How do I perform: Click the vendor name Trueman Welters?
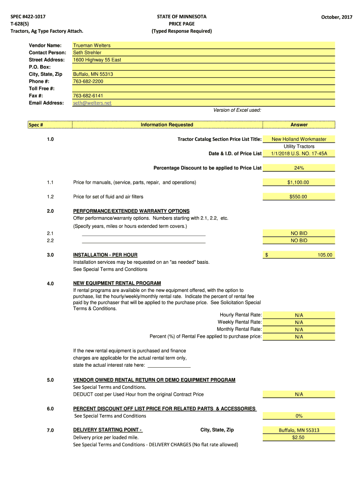(92, 45)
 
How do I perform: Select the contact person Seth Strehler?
(87, 52)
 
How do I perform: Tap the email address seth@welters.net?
(92, 103)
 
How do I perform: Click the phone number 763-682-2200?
(88, 81)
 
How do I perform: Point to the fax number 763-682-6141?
(88, 96)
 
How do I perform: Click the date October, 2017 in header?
(337, 17)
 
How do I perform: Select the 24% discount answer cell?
(299, 168)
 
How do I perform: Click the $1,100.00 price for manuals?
(299, 182)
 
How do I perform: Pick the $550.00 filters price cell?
(299, 197)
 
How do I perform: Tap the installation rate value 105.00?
(324, 255)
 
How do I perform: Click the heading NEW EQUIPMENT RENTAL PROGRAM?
(117, 283)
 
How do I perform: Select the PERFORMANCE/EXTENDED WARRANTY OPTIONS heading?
(131, 211)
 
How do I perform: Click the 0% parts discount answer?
(299, 416)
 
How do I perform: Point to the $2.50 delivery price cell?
(299, 437)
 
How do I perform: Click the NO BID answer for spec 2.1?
(299, 233)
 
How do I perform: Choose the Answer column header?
(299, 124)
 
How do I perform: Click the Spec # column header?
(36, 125)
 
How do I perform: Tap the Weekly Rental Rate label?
(239, 322)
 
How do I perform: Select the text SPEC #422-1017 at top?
(29, 17)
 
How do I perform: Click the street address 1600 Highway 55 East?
(97, 60)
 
